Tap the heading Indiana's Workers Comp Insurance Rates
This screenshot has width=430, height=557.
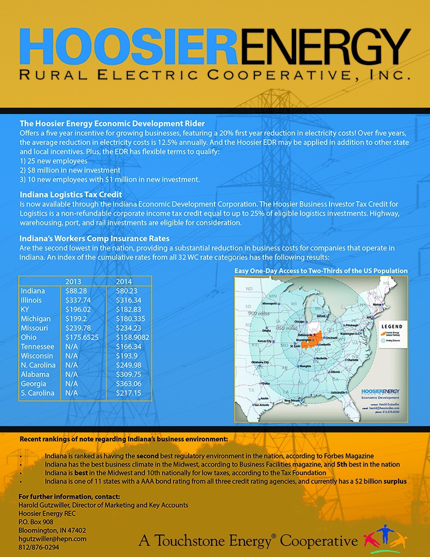pos(95,238)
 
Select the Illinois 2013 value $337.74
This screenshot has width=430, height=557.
pos(77,300)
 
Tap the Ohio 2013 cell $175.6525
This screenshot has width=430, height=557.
pos(82,337)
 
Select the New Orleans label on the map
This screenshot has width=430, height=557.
pos(298,401)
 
